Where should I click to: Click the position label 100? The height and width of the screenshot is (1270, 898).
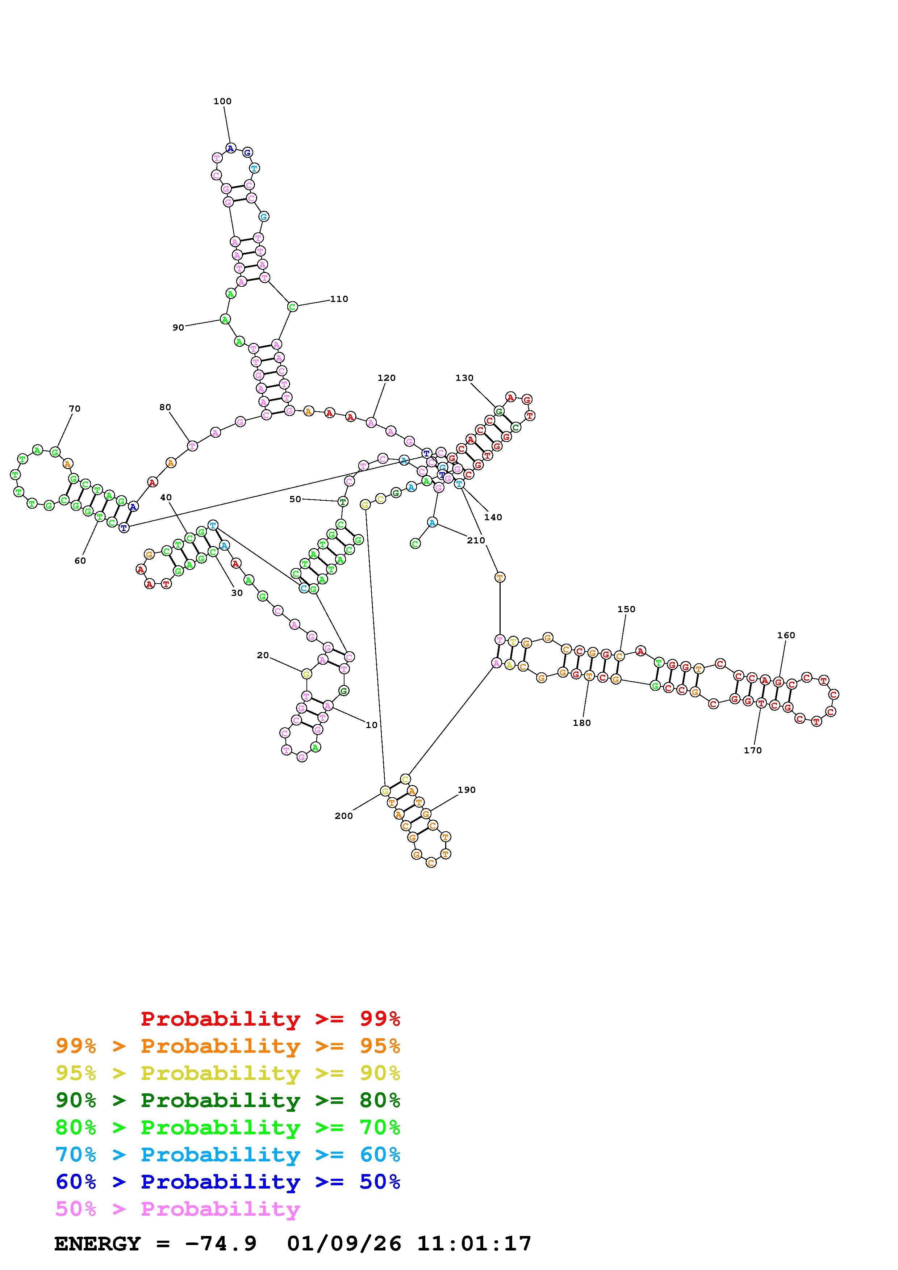222,101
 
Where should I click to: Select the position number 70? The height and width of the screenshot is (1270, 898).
75,409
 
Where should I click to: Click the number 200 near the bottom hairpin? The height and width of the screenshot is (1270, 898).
344,816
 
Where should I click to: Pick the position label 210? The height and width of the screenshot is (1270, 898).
476,541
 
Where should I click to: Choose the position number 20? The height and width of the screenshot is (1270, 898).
263,656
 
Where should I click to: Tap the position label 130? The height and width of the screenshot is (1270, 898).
464,378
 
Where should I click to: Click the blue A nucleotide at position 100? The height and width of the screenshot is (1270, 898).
231,148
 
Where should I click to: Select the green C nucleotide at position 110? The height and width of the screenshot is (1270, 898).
292,306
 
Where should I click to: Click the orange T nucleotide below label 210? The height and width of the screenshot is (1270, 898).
500,577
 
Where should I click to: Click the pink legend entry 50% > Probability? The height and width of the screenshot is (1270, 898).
177,1208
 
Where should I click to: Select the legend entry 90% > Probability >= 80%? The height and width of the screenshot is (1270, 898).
228,1100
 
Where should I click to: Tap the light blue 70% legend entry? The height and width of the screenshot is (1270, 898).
228,1155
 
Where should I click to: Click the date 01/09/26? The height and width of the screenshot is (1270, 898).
344,1244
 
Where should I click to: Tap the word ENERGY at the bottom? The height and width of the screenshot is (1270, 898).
97,1244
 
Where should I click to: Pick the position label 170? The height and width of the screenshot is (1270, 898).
752,750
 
